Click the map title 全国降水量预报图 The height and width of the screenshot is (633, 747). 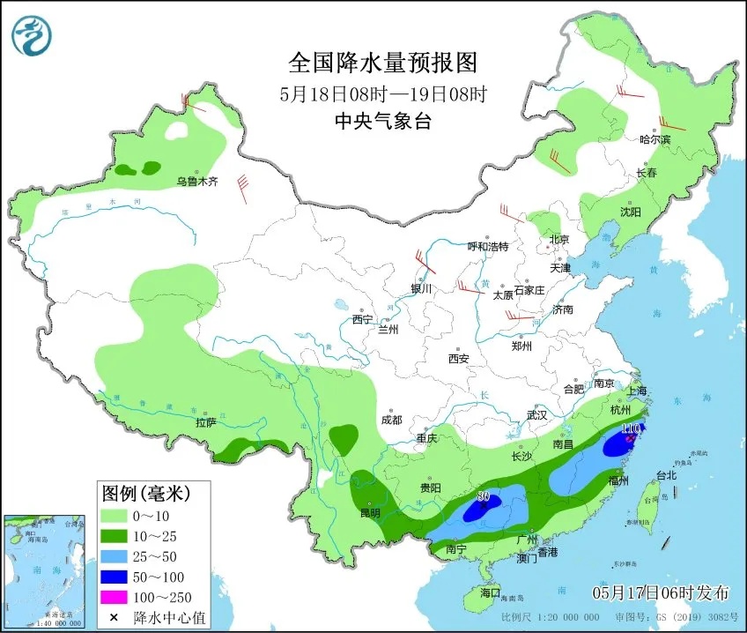(x=382, y=63)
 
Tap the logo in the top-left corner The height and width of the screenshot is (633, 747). (x=32, y=34)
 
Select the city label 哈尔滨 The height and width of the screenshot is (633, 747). (x=655, y=139)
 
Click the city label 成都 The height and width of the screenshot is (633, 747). (x=391, y=421)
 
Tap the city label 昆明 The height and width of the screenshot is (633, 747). (x=370, y=512)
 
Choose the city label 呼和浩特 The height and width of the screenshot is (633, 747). (x=487, y=247)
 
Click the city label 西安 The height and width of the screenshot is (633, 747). (x=458, y=359)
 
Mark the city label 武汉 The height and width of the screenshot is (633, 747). (x=537, y=414)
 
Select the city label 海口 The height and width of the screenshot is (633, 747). (x=489, y=592)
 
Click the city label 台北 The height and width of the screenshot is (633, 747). (x=666, y=475)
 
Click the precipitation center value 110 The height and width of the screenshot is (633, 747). (x=630, y=429)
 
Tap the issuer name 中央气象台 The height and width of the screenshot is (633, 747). (x=382, y=123)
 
